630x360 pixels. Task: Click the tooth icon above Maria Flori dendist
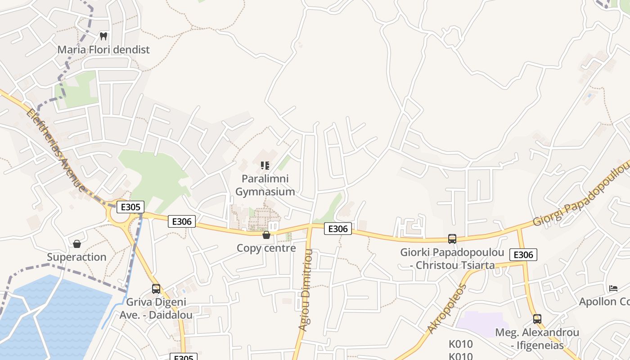tap(103, 36)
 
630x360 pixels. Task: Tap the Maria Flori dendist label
tap(103, 49)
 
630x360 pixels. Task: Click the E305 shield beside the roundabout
tap(130, 207)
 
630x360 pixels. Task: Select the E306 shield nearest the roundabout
tap(182, 221)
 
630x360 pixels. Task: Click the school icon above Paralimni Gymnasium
tap(265, 166)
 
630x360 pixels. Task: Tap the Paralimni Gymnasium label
tap(265, 185)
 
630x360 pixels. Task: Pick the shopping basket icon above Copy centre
tap(266, 235)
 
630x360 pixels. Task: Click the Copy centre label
tap(266, 248)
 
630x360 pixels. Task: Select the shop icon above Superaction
tap(77, 244)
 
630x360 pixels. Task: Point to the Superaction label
tap(77, 257)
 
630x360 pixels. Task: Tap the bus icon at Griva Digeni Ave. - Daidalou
tap(156, 289)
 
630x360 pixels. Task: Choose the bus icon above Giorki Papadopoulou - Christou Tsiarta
tap(452, 239)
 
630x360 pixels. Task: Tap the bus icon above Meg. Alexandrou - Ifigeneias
tap(537, 319)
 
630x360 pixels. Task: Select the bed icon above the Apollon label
tap(613, 288)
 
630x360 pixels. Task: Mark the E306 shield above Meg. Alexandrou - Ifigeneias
tap(523, 255)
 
